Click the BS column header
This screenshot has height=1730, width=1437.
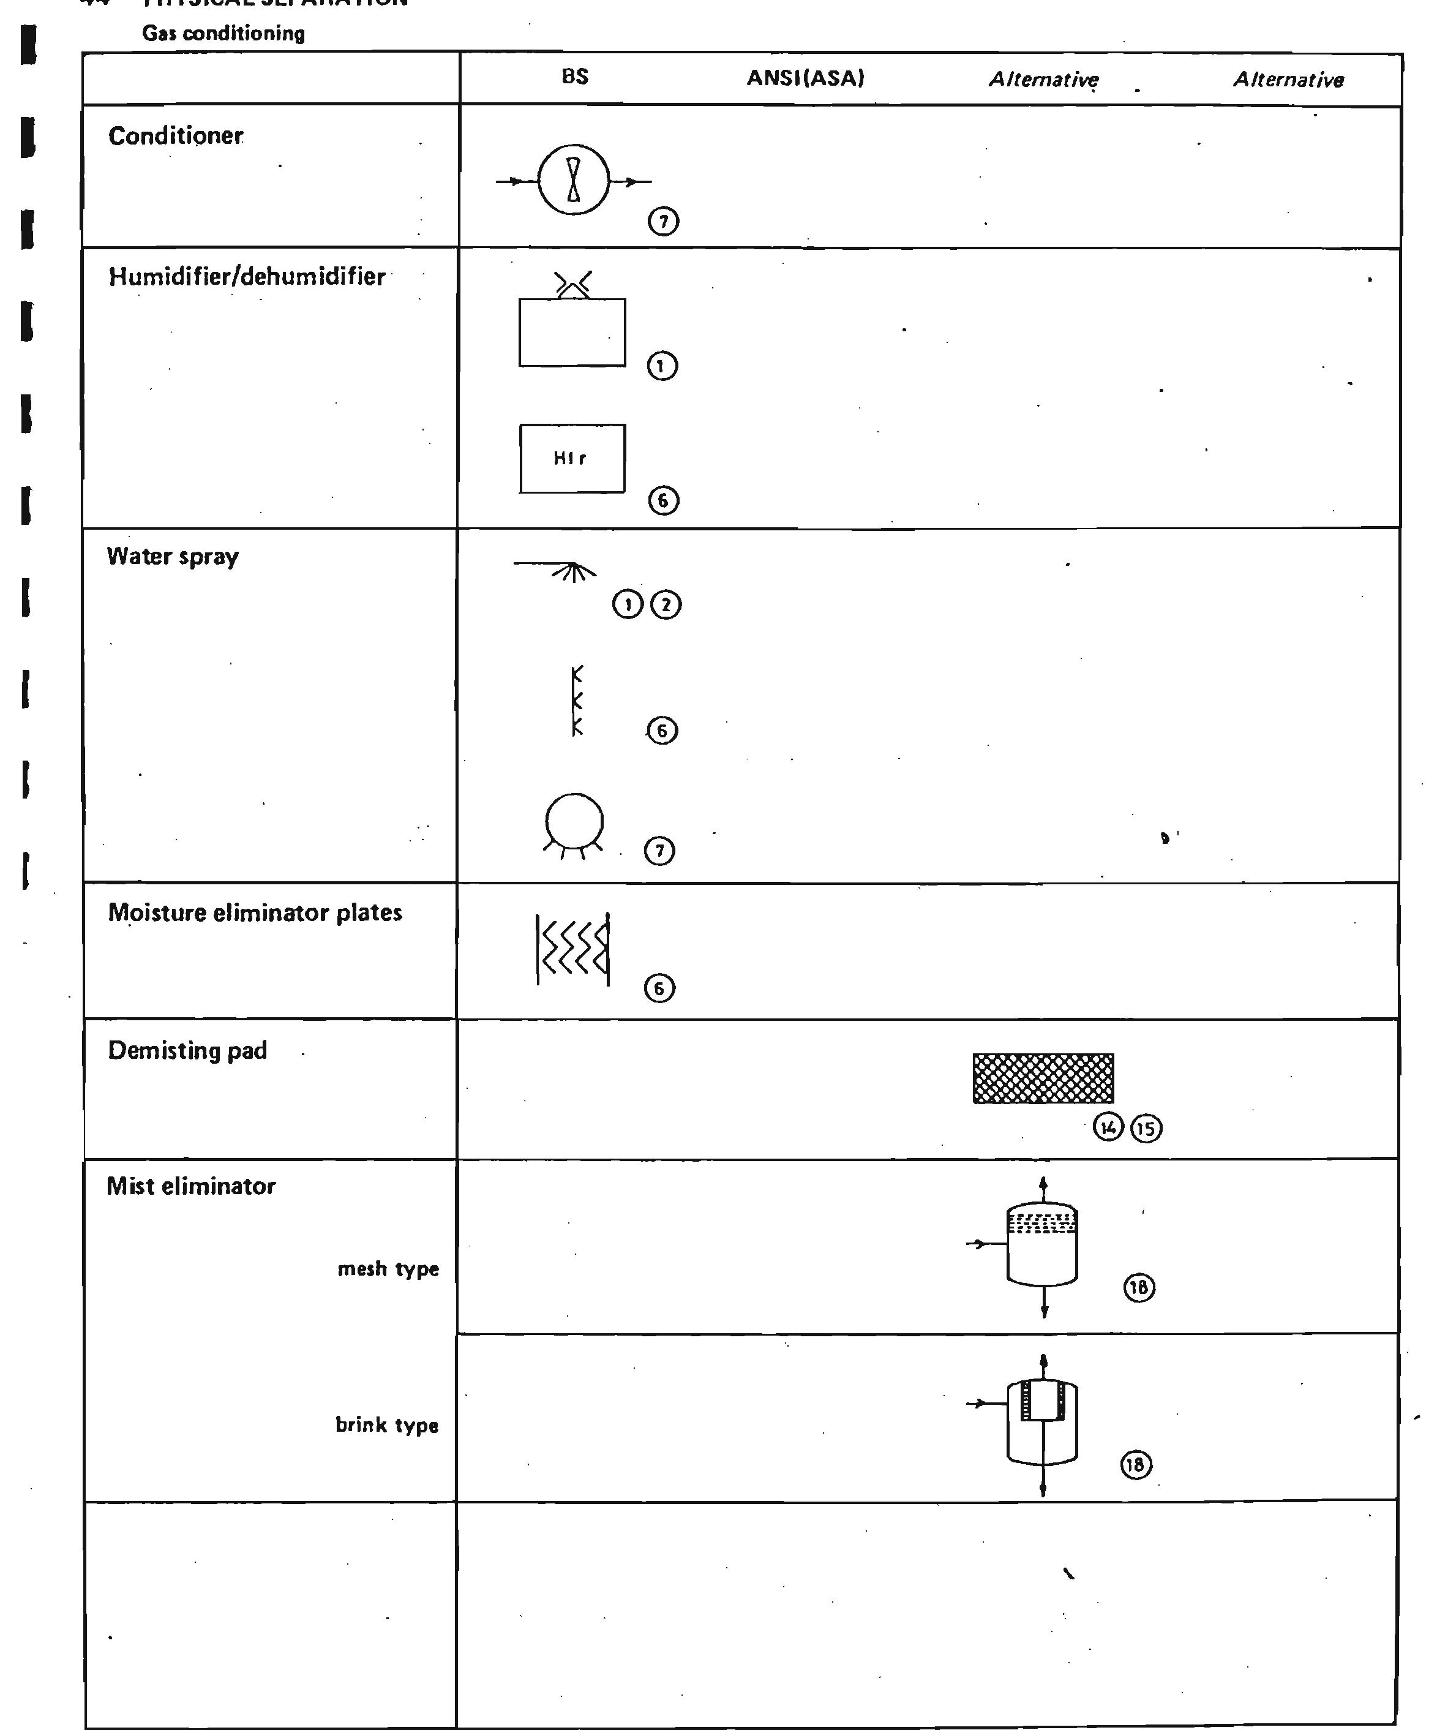(575, 77)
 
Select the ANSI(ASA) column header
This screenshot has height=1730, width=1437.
(805, 78)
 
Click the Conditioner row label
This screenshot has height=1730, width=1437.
(175, 136)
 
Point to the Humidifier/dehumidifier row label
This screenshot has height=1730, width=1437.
(246, 277)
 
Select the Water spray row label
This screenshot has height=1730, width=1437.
(173, 557)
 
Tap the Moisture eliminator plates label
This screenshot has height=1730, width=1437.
(255, 913)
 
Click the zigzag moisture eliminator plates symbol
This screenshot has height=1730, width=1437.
(573, 949)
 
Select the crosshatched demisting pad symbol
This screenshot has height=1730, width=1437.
(1043, 1078)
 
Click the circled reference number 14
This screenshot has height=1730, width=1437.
(1108, 1126)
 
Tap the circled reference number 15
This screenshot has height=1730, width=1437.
(1146, 1128)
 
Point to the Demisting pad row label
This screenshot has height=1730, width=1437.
(188, 1051)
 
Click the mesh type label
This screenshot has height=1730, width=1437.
(388, 1269)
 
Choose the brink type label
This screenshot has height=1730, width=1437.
(386, 1425)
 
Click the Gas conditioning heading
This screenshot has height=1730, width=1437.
(223, 34)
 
